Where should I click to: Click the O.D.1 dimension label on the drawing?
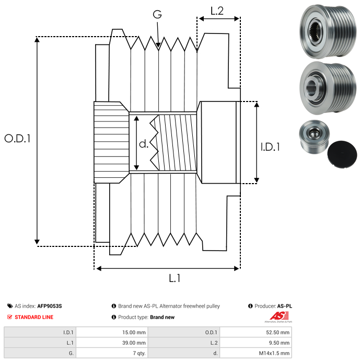tap(17, 139)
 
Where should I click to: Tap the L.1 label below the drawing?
tap(175, 279)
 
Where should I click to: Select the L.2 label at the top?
tap(217, 10)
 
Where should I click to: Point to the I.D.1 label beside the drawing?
tap(270, 148)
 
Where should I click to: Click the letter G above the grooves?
tap(157, 15)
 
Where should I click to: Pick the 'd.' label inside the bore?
tap(144, 143)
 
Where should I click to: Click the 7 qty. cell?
tap(139, 353)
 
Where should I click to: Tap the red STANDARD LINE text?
tap(33, 317)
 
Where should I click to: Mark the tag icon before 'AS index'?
tap(10, 306)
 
